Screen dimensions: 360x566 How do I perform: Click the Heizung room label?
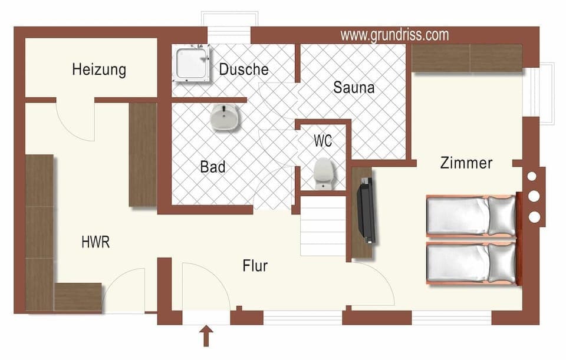click(99, 70)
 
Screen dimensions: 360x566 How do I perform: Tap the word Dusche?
click(243, 69)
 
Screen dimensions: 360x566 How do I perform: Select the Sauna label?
click(354, 88)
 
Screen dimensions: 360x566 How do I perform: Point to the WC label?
click(323, 141)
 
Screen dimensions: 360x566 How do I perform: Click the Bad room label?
click(213, 167)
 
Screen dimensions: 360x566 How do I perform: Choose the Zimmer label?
click(466, 163)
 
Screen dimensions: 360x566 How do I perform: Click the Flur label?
click(255, 266)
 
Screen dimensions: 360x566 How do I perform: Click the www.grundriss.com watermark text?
click(394, 35)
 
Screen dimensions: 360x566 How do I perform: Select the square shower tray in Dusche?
click(192, 63)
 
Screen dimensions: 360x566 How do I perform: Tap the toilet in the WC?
click(324, 173)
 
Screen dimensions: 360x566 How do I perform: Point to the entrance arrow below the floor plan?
click(206, 338)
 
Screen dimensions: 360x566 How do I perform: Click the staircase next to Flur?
click(323, 227)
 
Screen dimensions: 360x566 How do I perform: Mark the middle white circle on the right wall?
click(535, 196)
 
